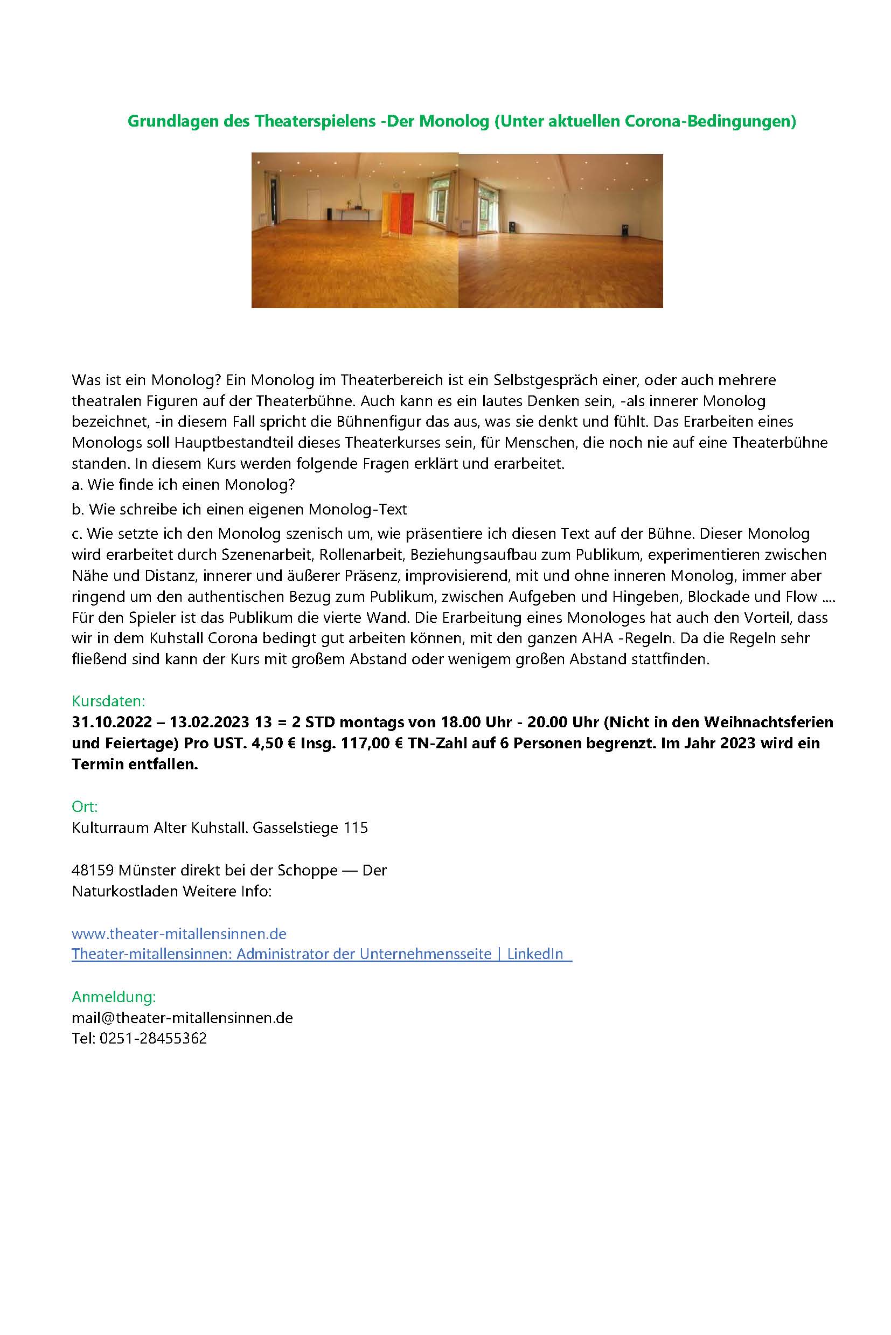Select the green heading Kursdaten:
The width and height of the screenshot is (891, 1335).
click(108, 701)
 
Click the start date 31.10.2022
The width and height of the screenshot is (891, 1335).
click(112, 722)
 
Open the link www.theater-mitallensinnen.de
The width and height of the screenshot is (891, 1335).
click(179, 933)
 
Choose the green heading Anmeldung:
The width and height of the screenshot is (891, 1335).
click(114, 996)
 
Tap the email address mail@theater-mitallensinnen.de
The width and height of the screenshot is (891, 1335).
click(183, 1017)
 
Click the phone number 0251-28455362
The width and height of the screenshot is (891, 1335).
click(153, 1038)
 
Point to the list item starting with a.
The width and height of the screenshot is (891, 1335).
click(184, 485)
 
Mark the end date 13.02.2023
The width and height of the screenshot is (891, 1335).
click(210, 722)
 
